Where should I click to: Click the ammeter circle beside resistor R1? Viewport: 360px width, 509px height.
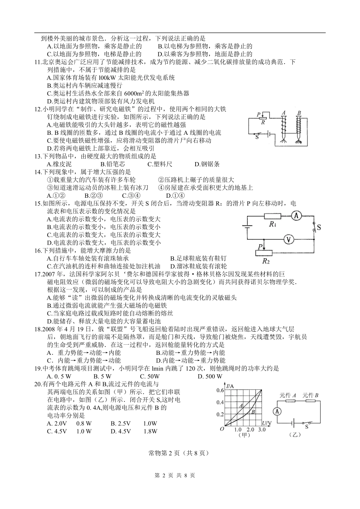pyautogui.click(x=297, y=216)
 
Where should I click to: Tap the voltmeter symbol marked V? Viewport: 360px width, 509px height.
pyautogui.click(x=289, y=239)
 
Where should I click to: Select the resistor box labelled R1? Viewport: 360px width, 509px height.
pyautogui.click(x=272, y=216)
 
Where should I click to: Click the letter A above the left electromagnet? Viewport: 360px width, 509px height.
pyautogui.click(x=283, y=113)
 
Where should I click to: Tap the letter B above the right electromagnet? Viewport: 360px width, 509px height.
pyautogui.click(x=299, y=113)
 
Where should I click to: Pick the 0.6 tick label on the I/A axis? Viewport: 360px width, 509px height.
pyautogui.click(x=220, y=390)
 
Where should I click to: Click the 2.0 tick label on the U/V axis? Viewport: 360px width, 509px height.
pyautogui.click(x=250, y=429)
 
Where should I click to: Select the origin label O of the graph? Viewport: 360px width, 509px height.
pyautogui.click(x=222, y=429)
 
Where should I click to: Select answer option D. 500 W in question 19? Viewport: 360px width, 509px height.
pyautogui.click(x=210, y=376)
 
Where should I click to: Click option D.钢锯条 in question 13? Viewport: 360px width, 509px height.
pyautogui.click(x=207, y=164)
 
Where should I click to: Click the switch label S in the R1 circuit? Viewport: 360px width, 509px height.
pyautogui.click(x=319, y=227)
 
